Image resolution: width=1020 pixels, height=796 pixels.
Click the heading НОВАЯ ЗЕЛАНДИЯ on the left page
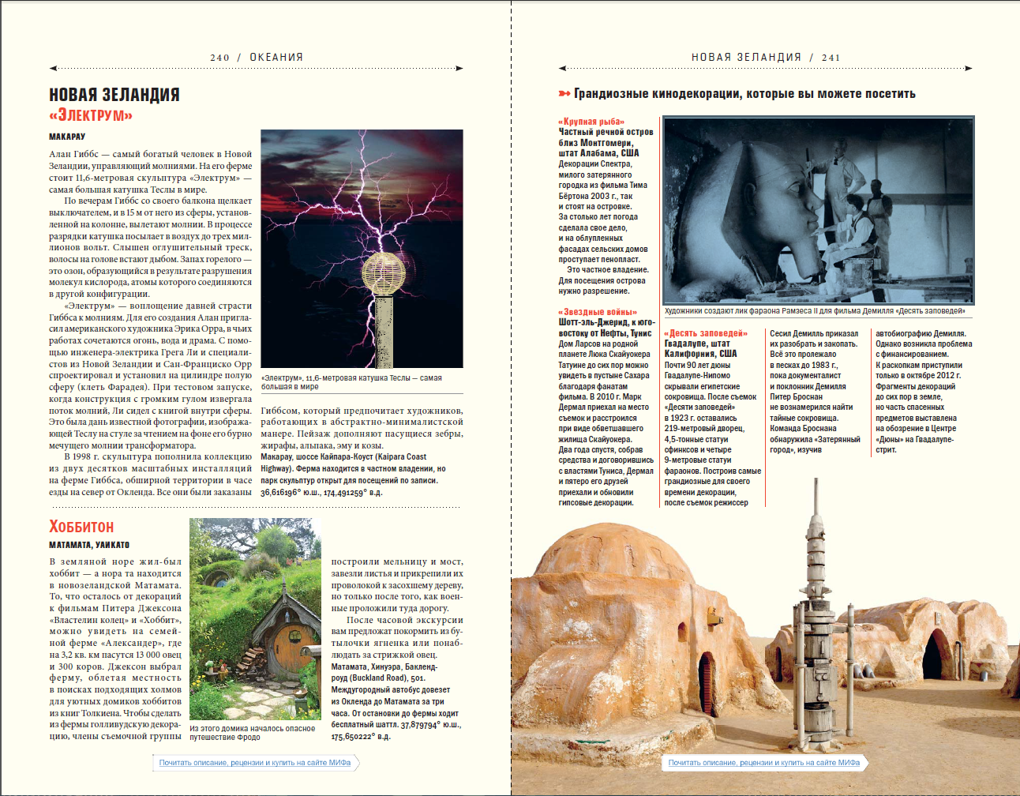[114, 95]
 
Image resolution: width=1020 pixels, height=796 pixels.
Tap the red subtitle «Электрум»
[91, 115]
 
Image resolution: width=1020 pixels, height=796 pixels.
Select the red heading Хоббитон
[81, 527]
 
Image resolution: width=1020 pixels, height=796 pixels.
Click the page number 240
[219, 58]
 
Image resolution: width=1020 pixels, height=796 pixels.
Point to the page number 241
[831, 58]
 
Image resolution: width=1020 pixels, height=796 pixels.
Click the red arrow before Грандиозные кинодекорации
[564, 94]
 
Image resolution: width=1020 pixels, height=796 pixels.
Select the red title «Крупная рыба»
[591, 122]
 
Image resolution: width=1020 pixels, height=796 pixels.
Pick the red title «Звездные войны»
[598, 312]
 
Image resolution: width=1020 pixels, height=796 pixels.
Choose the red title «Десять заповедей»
[705, 333]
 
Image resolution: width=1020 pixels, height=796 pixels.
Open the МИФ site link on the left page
[254, 763]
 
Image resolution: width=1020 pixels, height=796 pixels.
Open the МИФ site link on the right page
[763, 763]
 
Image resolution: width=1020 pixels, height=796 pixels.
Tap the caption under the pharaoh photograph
[815, 311]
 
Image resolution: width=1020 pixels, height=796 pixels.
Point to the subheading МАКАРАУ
[67, 137]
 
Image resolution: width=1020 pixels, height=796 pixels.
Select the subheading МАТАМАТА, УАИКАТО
[89, 545]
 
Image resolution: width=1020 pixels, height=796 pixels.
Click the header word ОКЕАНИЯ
[276, 58]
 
